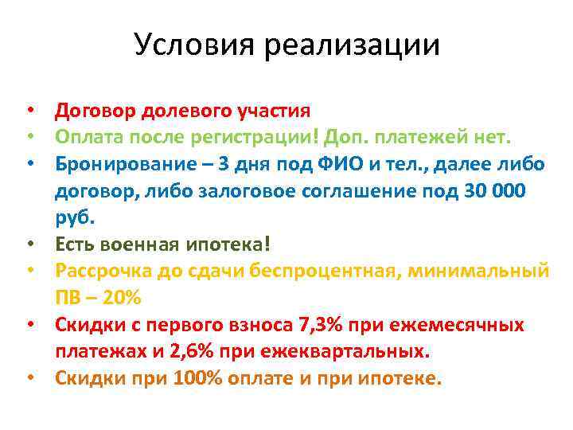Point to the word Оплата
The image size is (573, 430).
tap(84, 138)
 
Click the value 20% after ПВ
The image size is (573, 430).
tap(122, 298)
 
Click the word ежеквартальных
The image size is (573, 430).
tap(352, 351)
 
